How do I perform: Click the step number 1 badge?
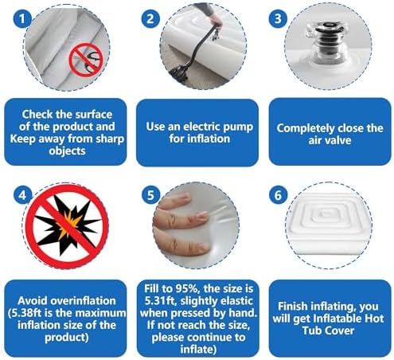click(x=22, y=18)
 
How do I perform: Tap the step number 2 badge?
click(x=150, y=19)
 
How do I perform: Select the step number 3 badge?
click(x=278, y=18)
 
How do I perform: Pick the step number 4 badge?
click(x=22, y=195)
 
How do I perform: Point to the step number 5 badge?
click(x=150, y=195)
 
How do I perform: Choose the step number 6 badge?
click(x=278, y=195)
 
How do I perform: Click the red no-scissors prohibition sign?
click(x=86, y=61)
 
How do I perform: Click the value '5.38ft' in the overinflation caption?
click(x=25, y=313)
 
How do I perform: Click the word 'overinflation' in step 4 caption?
click(x=83, y=301)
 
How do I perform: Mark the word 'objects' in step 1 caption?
click(x=67, y=151)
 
